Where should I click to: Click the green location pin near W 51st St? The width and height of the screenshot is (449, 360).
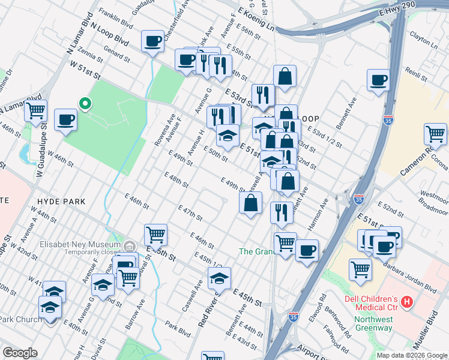pyautogui.click(x=85, y=104)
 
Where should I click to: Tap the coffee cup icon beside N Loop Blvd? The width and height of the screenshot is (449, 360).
pyautogui.click(x=153, y=41)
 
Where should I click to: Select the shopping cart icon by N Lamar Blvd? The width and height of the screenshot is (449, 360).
pyautogui.click(x=36, y=111)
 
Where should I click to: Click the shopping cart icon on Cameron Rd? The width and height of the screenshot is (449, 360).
pyautogui.click(x=435, y=134)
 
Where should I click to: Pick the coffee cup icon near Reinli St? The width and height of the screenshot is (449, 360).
pyautogui.click(x=379, y=80)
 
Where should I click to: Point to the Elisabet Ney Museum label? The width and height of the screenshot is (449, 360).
pyautogui.click(x=80, y=245)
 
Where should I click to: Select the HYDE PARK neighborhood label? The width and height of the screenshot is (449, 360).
pyautogui.click(x=62, y=202)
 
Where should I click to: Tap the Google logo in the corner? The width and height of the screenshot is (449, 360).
pyautogui.click(x=20, y=353)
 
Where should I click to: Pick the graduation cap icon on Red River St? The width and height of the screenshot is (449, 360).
pyautogui.click(x=219, y=278)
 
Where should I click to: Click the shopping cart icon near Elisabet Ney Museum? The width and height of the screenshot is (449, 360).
pyautogui.click(x=155, y=235)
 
